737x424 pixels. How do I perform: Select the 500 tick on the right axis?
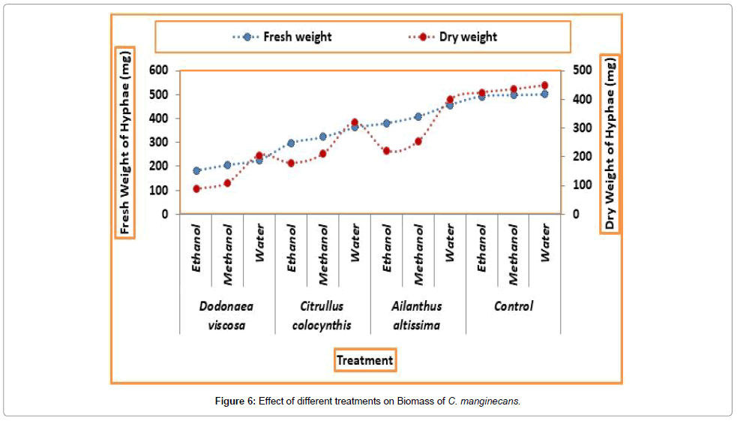[x=583, y=71]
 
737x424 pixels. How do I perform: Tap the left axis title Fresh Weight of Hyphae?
[x=124, y=143]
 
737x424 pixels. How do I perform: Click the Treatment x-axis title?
[x=364, y=360]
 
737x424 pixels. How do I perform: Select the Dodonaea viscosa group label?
[x=226, y=315]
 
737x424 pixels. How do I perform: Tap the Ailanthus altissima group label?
[x=417, y=315]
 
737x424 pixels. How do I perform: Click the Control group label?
[x=514, y=306]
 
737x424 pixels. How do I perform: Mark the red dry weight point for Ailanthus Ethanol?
[x=387, y=151]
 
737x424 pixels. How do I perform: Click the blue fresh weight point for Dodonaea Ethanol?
[x=196, y=171]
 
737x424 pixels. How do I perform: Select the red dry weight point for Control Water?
[x=544, y=86]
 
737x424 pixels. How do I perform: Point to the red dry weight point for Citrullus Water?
[x=355, y=122]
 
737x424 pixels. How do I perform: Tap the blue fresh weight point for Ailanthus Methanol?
[x=418, y=116]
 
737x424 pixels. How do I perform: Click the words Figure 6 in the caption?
[x=235, y=401]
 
